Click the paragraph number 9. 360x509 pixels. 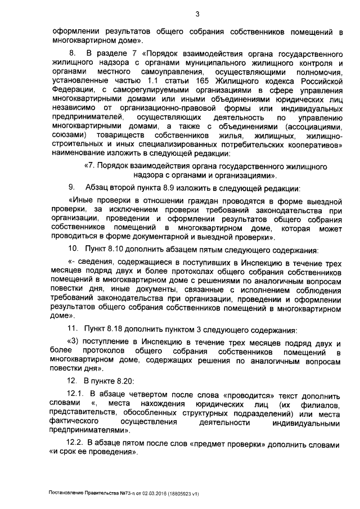[71, 187]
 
